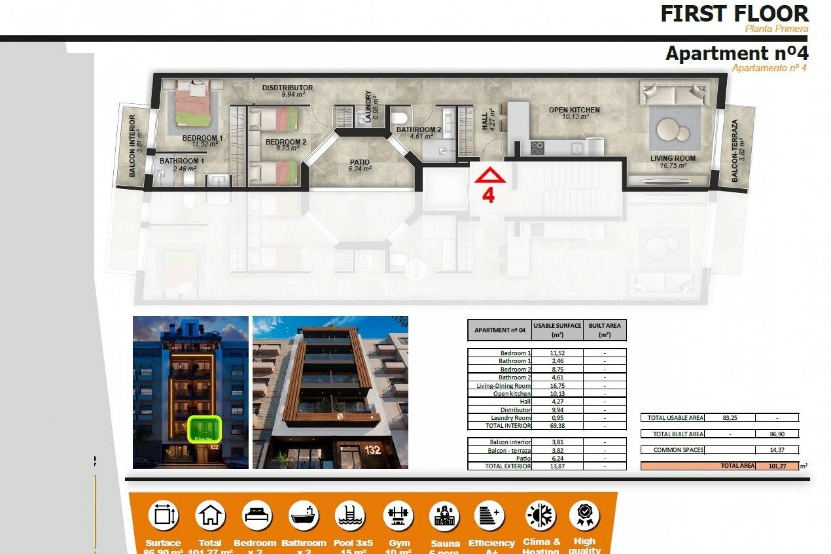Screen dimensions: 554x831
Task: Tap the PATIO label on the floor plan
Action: tap(360, 163)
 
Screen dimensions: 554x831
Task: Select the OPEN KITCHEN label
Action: tap(574, 110)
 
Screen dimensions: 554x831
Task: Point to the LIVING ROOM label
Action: tap(673, 158)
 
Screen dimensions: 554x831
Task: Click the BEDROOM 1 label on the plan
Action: tap(202, 138)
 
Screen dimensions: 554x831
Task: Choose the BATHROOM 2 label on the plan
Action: tap(419, 129)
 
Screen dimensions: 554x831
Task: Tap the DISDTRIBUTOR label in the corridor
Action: tap(287, 88)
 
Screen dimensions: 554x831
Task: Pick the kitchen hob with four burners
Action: tap(537, 148)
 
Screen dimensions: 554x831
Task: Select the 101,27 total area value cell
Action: tap(777, 466)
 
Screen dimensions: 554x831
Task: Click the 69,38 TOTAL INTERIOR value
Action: tap(557, 426)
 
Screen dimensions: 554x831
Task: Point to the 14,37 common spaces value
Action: tap(777, 450)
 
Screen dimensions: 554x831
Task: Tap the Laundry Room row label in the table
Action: tap(510, 418)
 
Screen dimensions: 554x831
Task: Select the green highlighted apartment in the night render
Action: tap(205, 429)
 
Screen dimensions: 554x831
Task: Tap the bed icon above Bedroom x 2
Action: tap(257, 516)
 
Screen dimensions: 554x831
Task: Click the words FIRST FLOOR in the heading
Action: tap(734, 14)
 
